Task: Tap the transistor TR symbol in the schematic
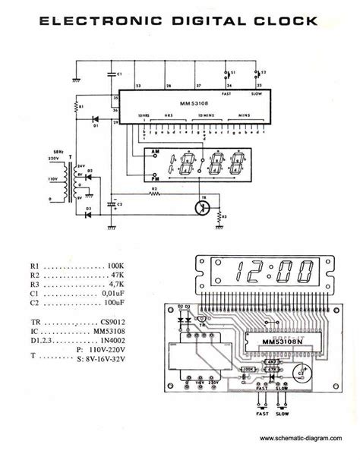pos(202,206)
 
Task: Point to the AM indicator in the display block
pos(156,155)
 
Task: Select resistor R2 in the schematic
pos(155,192)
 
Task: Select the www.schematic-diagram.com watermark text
pos(305,439)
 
